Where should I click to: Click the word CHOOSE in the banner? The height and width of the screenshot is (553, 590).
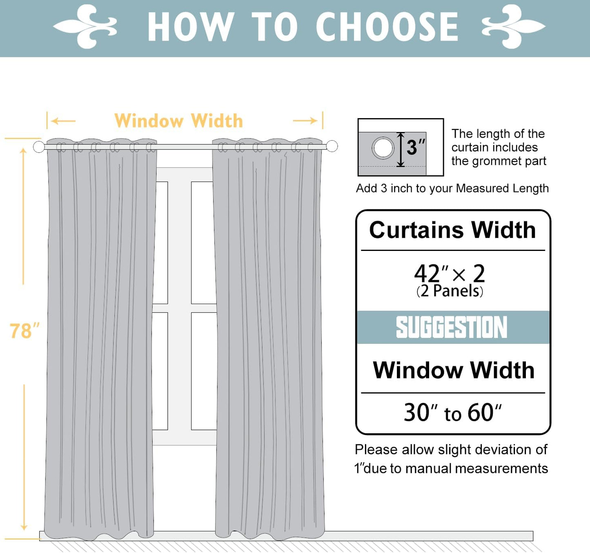[x=387, y=27]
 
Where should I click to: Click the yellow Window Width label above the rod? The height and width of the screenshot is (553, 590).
[x=179, y=121]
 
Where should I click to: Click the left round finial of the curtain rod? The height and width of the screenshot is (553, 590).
[x=39, y=147]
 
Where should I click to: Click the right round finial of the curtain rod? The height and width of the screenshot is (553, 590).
[x=332, y=146]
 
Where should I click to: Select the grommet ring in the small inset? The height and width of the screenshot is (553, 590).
[x=383, y=148]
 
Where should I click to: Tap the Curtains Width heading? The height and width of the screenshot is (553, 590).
[x=452, y=230]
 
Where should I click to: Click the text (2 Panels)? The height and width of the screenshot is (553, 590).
[x=450, y=291]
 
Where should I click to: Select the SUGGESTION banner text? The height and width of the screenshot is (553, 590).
[x=452, y=327]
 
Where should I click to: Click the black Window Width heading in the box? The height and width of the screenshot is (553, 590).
[x=454, y=370]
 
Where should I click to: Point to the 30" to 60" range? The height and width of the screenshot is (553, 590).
[x=452, y=412]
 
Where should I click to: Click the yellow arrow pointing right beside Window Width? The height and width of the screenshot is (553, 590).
[x=306, y=121]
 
